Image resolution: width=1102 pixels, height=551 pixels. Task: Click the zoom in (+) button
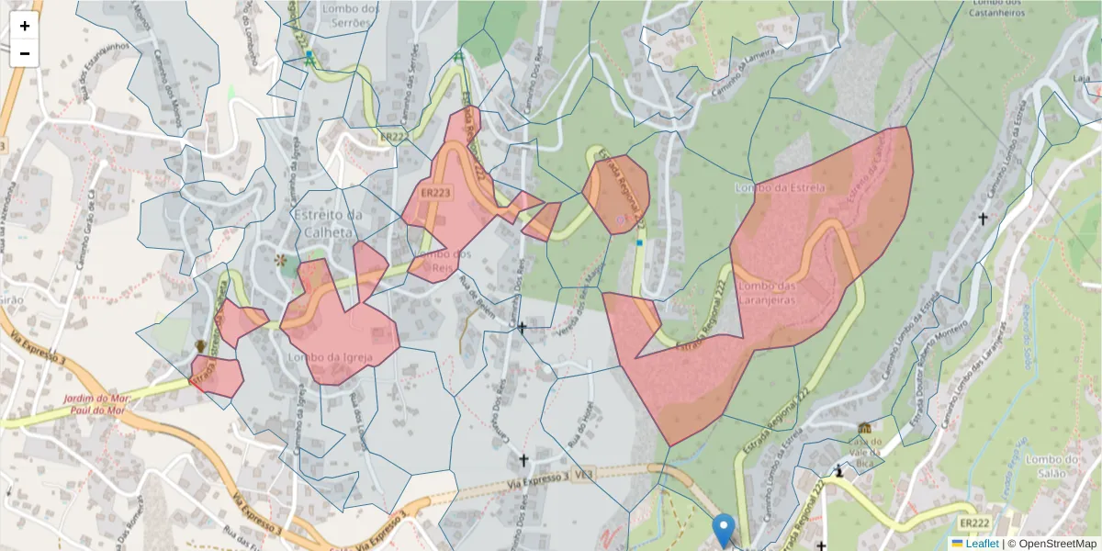coord(25,26)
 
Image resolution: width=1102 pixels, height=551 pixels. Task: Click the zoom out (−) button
coord(25,53)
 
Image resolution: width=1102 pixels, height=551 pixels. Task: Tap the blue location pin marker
coord(724,530)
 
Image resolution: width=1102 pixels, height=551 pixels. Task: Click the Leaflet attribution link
coord(981,544)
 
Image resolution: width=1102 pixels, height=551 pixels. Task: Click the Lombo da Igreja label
coord(322,356)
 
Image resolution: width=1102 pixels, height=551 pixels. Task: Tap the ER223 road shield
coord(434,194)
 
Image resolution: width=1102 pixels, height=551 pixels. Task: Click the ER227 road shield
coord(393,137)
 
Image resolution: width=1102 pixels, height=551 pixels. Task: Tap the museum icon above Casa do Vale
coord(865,428)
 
